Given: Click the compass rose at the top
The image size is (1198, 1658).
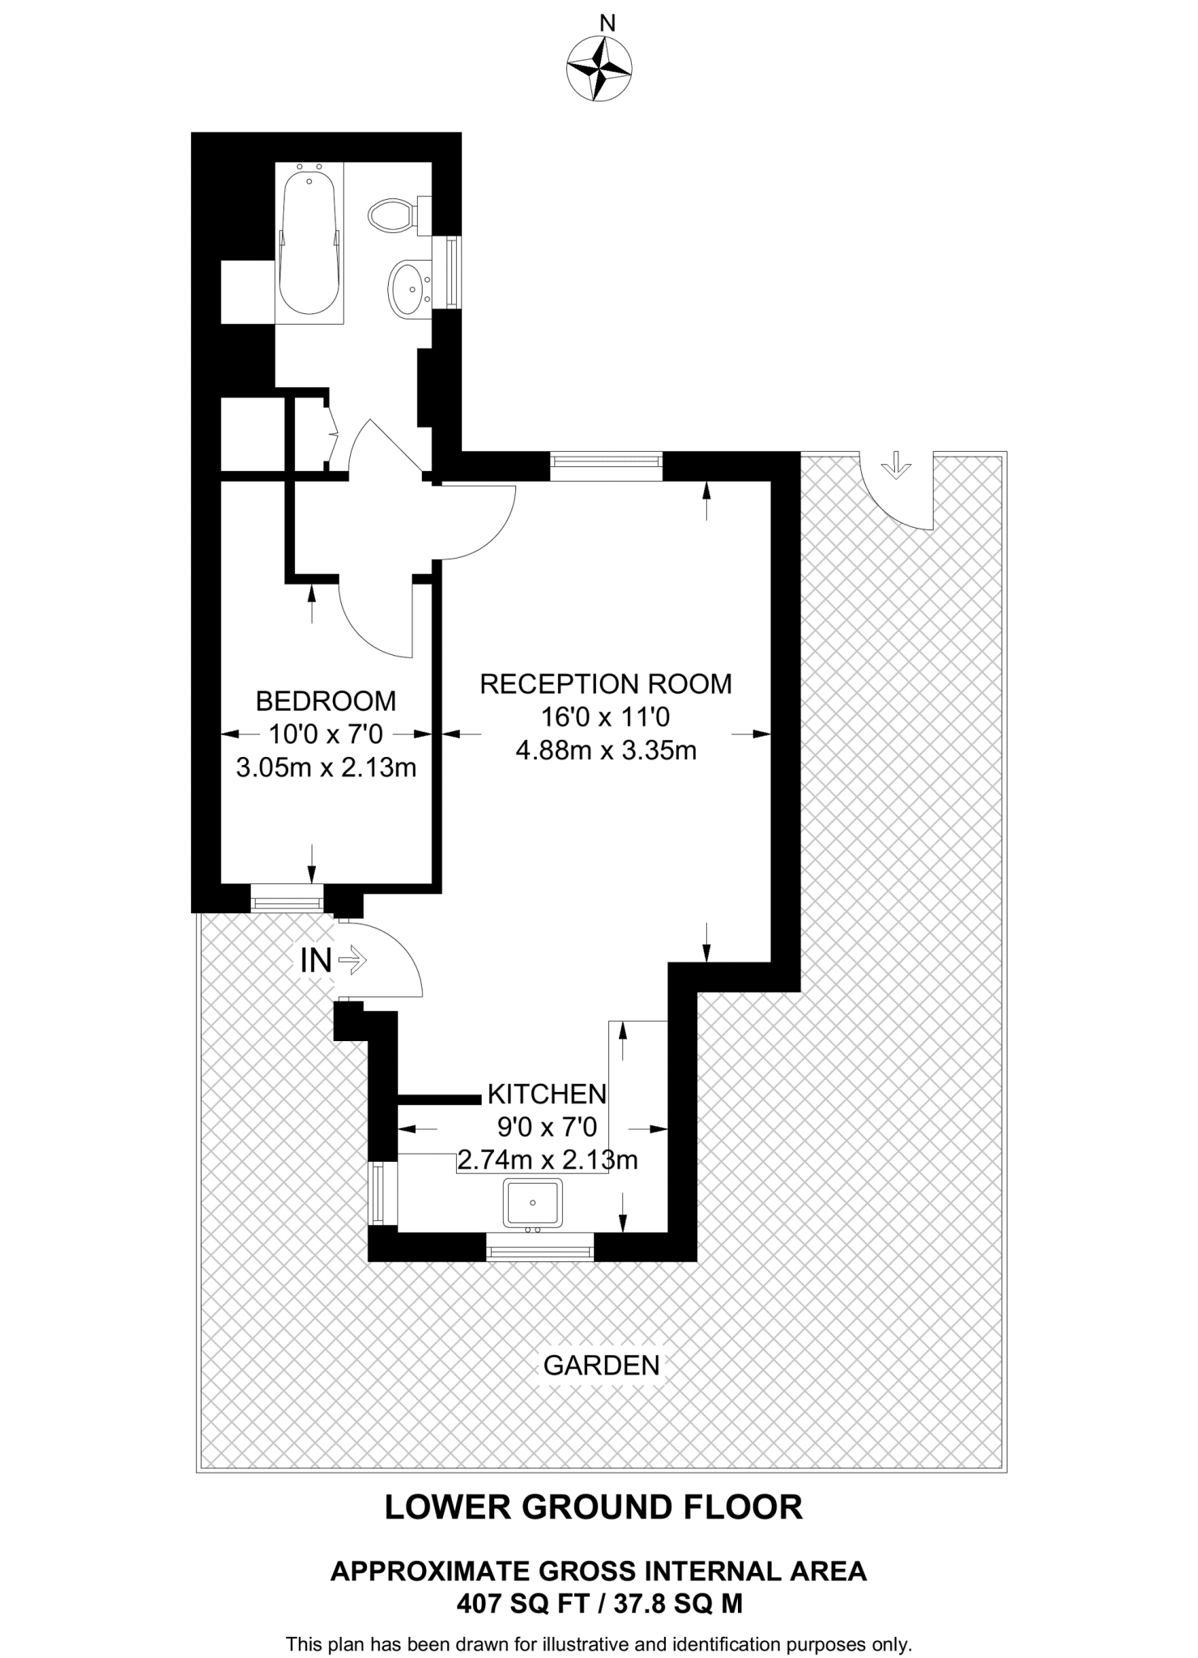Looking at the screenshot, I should (x=599, y=70).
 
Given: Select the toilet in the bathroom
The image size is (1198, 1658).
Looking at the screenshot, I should (x=393, y=216).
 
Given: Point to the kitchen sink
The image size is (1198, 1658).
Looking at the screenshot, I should (x=532, y=1202).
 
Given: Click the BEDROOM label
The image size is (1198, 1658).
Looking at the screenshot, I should (x=326, y=700).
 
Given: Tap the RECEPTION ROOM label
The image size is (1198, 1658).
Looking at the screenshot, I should (x=605, y=684).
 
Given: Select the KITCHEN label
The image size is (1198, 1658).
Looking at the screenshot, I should (x=547, y=1095).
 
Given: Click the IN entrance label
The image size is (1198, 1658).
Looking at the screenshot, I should (x=316, y=961).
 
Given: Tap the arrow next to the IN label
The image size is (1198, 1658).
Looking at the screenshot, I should (x=353, y=961).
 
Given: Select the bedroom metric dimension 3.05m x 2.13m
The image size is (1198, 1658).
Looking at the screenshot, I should (x=326, y=767).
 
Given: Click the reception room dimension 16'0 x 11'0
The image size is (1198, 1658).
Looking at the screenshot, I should (x=605, y=717).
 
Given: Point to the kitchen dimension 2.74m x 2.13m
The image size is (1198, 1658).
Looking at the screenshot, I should (x=548, y=1161).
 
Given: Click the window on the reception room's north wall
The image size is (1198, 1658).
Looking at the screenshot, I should (x=606, y=466).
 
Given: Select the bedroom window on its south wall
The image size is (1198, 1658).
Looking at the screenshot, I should (x=287, y=898).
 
